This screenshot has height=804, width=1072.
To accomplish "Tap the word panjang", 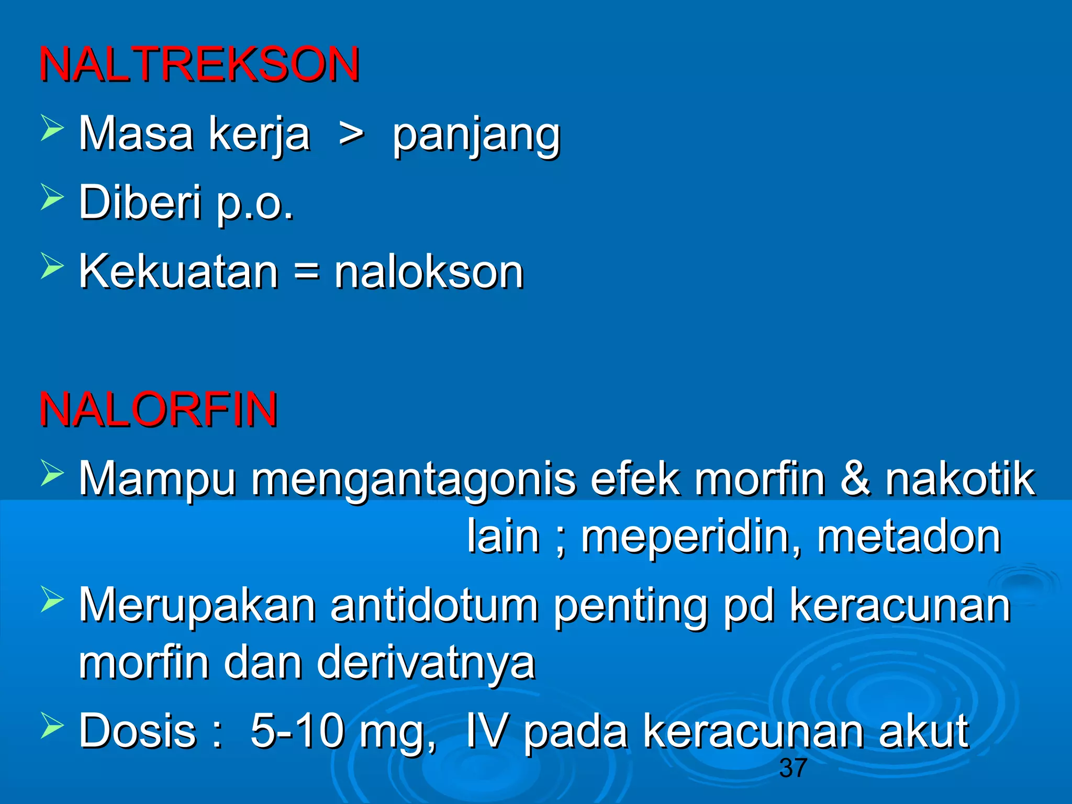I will pos(476,135).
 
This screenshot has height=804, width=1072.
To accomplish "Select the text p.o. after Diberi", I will pos(255,203).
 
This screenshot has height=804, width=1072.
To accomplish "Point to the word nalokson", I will pos(429,272).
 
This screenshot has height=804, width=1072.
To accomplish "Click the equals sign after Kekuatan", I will pos(306,273).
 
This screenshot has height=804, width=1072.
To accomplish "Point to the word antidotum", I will pos(434,605).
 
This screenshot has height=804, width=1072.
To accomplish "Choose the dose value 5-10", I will pos(297,731).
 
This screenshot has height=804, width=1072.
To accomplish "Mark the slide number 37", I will pos(793,768).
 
